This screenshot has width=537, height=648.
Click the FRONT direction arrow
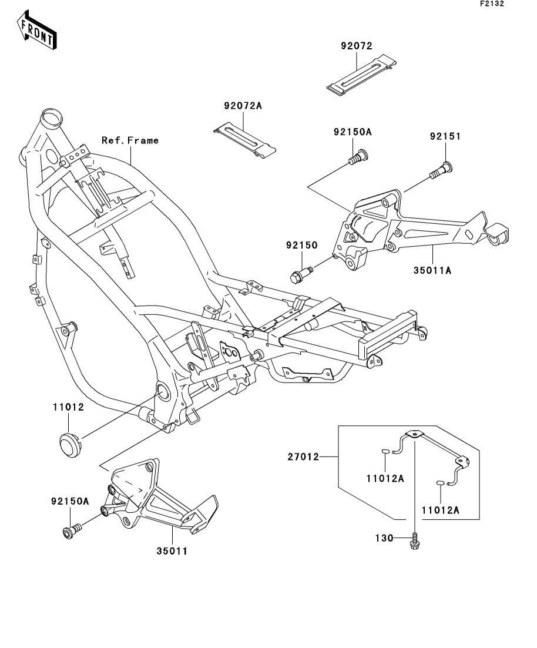[37, 30]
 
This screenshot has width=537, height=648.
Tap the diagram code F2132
[492, 4]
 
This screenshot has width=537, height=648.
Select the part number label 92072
[357, 46]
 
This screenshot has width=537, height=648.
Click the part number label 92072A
[243, 106]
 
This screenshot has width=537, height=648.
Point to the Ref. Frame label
[130, 140]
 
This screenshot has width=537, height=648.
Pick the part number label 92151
[445, 136]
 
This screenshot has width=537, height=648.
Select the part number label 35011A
[432, 271]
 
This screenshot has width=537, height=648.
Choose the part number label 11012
[68, 407]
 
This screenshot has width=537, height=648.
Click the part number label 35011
[172, 551]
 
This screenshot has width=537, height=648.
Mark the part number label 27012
[303, 457]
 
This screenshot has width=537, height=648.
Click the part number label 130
[384, 538]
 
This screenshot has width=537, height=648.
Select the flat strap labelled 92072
[361, 75]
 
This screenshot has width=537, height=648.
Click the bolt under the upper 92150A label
[358, 157]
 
